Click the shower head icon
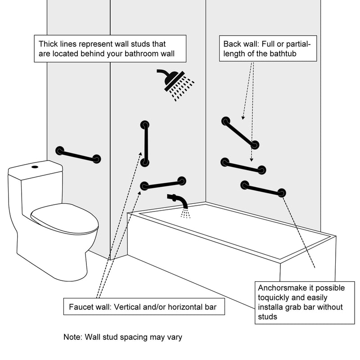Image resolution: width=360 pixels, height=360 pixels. point(175,84)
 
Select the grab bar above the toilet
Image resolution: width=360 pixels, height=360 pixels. point(78,155)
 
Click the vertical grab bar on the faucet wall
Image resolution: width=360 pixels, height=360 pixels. point(145,144)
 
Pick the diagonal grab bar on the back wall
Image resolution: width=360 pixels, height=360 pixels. point(240,133)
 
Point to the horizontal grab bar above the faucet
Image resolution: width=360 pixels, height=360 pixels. point(163,184)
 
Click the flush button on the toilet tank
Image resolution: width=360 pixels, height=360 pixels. point(35,167)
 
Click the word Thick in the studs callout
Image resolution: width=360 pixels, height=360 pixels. point(49,44)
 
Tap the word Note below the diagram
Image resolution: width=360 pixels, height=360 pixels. point(72,337)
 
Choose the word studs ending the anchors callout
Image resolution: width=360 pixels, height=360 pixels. point(267,317)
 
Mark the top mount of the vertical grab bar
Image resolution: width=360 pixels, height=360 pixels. point(145,125)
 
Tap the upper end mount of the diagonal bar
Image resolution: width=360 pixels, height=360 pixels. point(226,121)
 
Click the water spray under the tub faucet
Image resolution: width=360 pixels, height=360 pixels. point(185,213)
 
